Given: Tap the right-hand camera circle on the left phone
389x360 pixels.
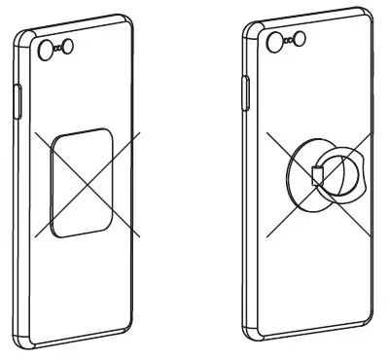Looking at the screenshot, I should (x=76, y=44).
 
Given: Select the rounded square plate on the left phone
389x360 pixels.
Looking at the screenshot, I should (x=83, y=182).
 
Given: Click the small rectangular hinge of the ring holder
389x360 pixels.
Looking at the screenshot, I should (x=316, y=177).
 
